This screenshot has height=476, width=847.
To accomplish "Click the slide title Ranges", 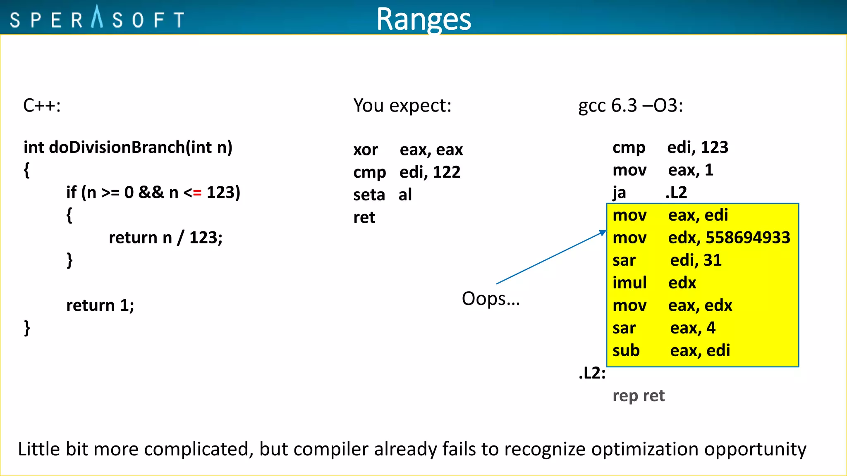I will click(423, 19).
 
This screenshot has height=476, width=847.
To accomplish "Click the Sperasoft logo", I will click(97, 18).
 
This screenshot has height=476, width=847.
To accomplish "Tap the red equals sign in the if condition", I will click(197, 193).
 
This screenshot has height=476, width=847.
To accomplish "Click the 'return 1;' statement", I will click(100, 305).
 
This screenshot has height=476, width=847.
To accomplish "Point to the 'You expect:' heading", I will click(402, 106).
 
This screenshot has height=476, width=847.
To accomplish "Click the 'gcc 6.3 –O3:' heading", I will click(630, 106).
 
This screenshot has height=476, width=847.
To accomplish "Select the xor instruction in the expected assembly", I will click(366, 150).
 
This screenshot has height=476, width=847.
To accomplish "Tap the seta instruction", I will click(369, 195).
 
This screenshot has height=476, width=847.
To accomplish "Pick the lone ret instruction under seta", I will click(364, 217).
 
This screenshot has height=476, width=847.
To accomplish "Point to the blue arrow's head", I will click(603, 233).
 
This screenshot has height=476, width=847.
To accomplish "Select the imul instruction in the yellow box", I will click(629, 283).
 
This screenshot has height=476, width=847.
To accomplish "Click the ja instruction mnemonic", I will click(619, 193).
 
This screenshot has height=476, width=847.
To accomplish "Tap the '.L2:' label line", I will click(592, 373).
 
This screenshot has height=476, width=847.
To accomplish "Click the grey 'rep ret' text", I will click(638, 396).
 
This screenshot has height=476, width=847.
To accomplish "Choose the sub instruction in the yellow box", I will click(626, 351).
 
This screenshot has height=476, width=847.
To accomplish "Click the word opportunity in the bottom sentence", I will click(755, 449).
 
